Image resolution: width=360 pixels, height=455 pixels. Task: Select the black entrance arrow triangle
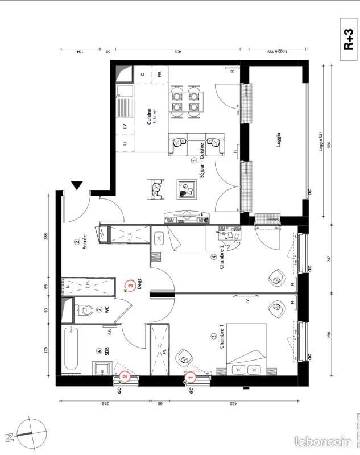tap(77, 186)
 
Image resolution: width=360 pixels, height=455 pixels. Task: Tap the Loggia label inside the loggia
tap(279, 140)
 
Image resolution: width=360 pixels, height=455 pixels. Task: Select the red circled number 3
tap(131, 283)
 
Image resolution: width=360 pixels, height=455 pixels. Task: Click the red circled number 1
tap(191, 376)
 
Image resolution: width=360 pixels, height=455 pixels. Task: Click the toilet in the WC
tap(86, 311)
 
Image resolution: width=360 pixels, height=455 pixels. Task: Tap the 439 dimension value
tap(178, 52)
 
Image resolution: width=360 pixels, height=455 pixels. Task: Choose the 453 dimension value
tap(233, 403)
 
